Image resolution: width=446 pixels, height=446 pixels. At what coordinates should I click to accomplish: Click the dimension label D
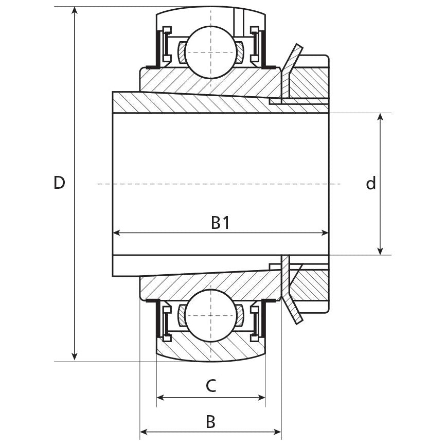coord(59,183)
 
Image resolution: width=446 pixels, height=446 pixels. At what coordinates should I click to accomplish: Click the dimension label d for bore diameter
coord(371,183)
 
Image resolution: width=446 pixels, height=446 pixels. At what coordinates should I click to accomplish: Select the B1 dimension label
coord(220,223)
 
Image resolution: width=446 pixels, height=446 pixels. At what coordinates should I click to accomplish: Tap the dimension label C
coord(211,385)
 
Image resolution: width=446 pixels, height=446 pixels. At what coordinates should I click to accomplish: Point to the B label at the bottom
coord(211,422)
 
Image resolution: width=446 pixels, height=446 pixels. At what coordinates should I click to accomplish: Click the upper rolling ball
coord(211,52)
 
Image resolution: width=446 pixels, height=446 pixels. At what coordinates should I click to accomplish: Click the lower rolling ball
coord(211,315)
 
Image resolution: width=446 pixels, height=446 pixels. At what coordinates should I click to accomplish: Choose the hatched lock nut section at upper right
coord(309,79)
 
